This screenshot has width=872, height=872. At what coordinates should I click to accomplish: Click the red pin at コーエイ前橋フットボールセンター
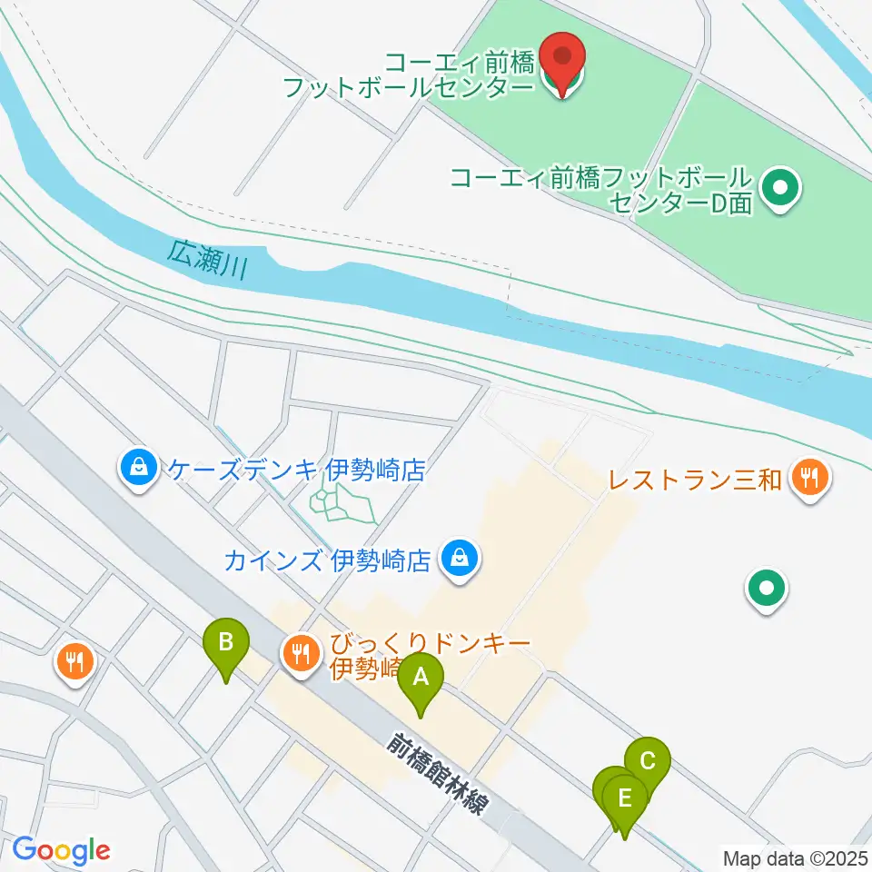point(562,61)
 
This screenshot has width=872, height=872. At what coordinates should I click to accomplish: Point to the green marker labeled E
point(624,799)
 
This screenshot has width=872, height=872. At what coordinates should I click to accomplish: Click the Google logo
point(61,850)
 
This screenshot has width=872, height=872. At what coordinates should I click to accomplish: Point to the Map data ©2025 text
point(794,857)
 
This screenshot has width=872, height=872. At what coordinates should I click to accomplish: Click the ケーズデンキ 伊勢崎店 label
point(296,470)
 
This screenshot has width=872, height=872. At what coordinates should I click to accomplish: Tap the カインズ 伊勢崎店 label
point(326,560)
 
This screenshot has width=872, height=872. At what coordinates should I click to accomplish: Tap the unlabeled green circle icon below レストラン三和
point(766,590)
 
